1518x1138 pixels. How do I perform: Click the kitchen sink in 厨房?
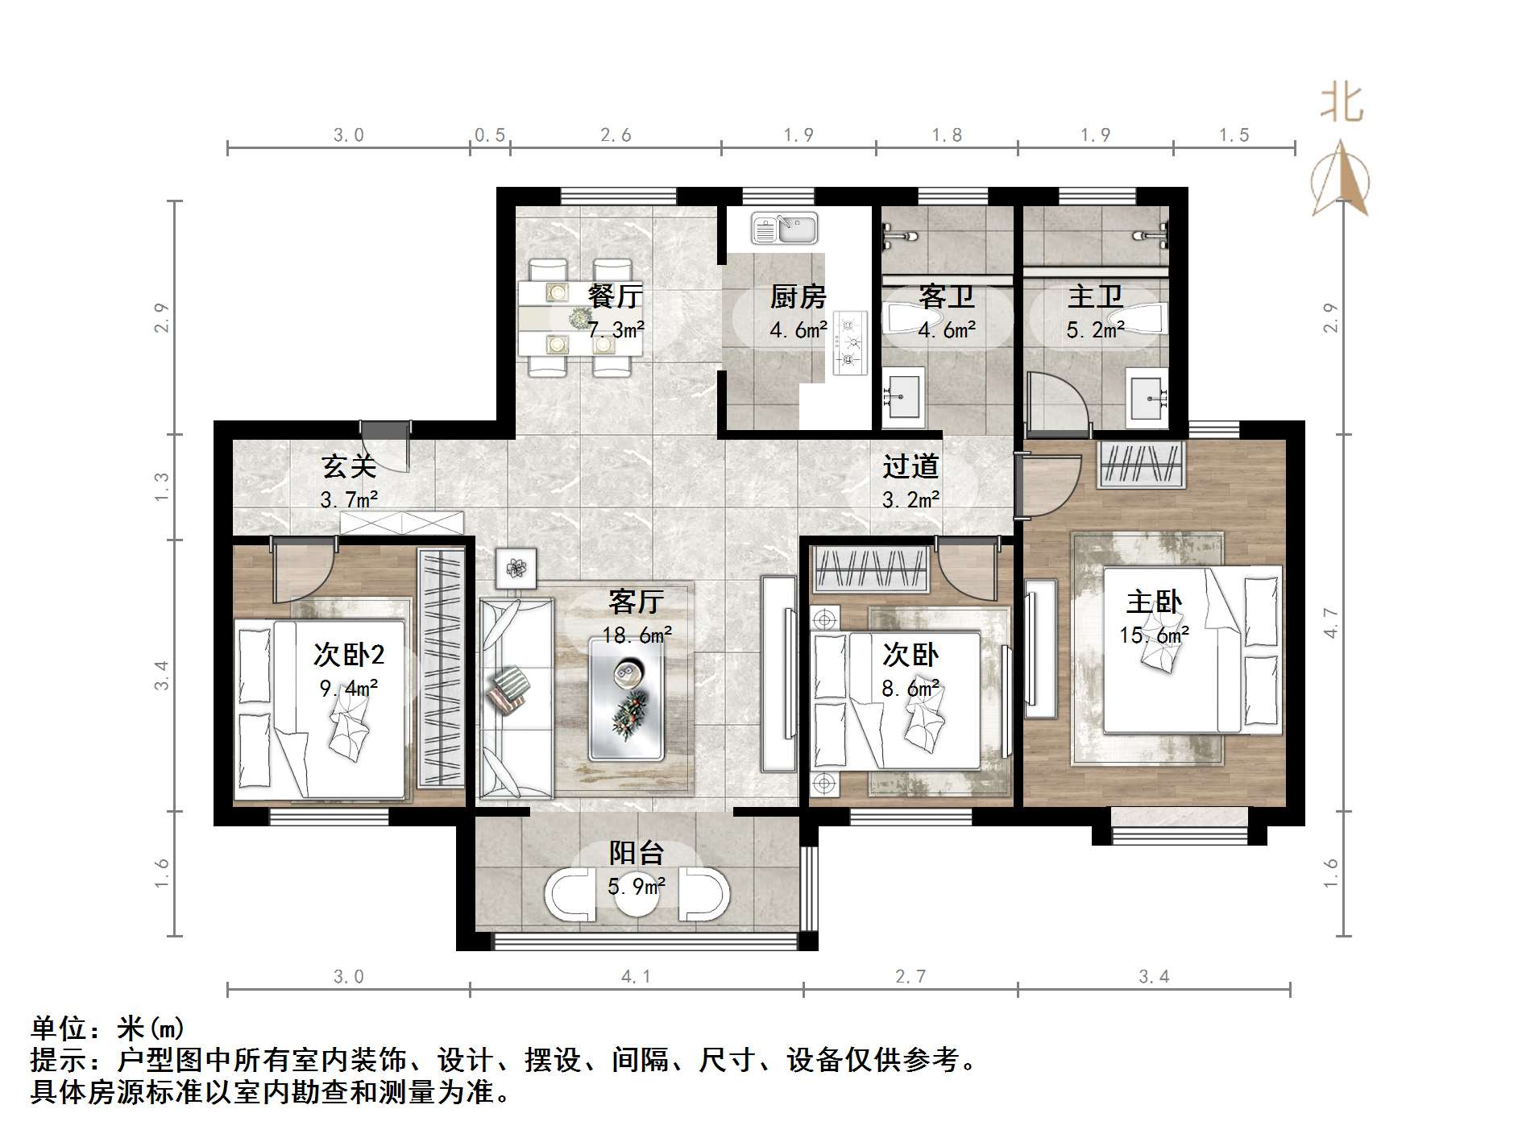(x=784, y=228)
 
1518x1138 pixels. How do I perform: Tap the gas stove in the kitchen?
(x=849, y=342)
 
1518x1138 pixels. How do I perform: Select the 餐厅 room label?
(x=615, y=296)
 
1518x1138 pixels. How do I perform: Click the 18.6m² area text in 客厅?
(x=637, y=635)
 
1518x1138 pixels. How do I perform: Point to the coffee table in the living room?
(x=626, y=697)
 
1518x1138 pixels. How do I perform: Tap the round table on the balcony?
(x=637, y=900)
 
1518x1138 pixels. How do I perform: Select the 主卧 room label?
(x=1154, y=602)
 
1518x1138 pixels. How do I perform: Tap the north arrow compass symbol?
(x=1340, y=181)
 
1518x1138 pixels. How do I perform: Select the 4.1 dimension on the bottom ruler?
(x=636, y=977)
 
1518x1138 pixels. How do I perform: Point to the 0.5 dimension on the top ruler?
(x=489, y=135)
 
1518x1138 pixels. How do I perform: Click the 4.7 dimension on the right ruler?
(x=1330, y=623)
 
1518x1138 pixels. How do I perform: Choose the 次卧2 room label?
(x=349, y=655)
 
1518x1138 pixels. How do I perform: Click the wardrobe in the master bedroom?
(x=1140, y=465)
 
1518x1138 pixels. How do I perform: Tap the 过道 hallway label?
(x=910, y=466)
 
